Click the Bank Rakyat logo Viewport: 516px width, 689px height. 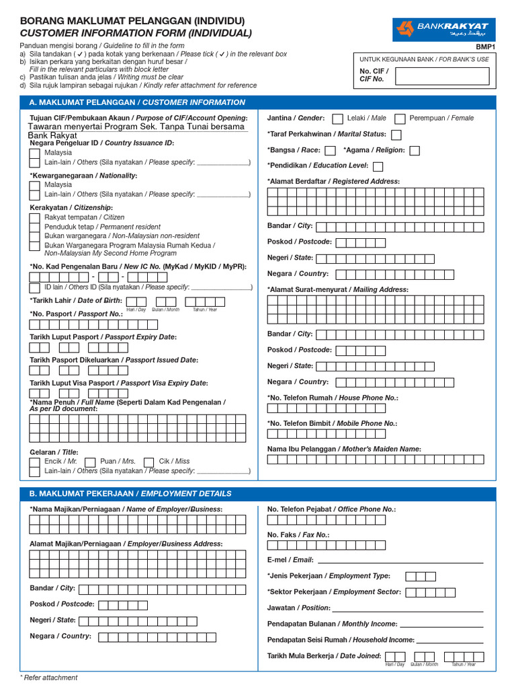click(x=443, y=28)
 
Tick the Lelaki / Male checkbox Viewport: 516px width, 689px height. click(x=337, y=118)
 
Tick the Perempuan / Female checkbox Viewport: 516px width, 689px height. click(x=400, y=118)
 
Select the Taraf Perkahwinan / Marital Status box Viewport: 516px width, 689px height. click(x=396, y=135)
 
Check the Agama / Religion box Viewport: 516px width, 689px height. click(x=415, y=151)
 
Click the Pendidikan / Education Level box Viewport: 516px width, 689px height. click(x=378, y=166)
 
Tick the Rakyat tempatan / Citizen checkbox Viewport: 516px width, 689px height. click(x=34, y=217)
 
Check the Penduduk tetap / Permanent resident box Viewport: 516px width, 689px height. click(x=34, y=227)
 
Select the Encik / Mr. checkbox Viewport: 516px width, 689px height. click(x=34, y=462)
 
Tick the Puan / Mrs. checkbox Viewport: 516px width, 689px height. click(x=90, y=462)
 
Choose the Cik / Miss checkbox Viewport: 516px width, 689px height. click(x=148, y=462)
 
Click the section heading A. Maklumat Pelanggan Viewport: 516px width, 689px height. click(x=137, y=102)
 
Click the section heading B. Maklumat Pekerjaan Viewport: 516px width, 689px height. click(x=130, y=493)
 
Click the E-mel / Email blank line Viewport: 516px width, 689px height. click(x=400, y=561)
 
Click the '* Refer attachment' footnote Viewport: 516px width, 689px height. click(x=48, y=678)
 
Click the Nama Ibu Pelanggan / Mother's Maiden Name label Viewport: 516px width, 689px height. click(x=344, y=449)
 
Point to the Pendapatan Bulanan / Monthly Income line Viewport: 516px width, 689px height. click(x=441, y=626)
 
